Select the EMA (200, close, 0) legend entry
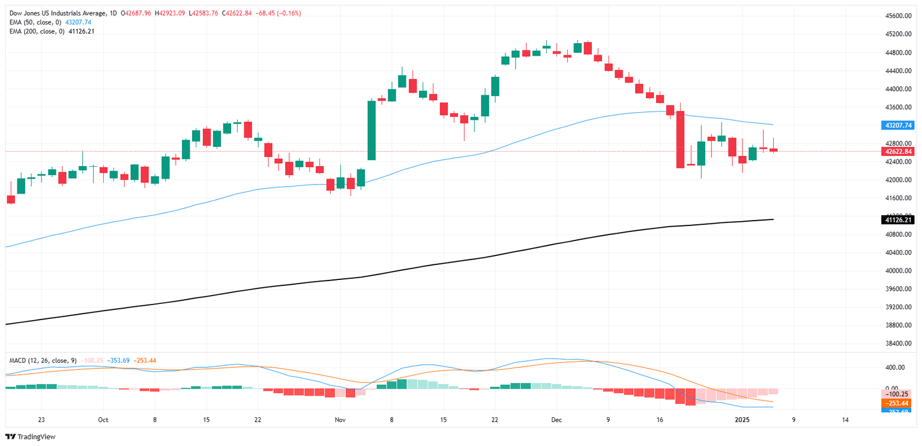(33, 31)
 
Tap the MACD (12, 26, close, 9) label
(43, 360)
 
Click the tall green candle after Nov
(372, 130)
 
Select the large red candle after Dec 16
(680, 139)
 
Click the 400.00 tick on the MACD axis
(895, 367)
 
